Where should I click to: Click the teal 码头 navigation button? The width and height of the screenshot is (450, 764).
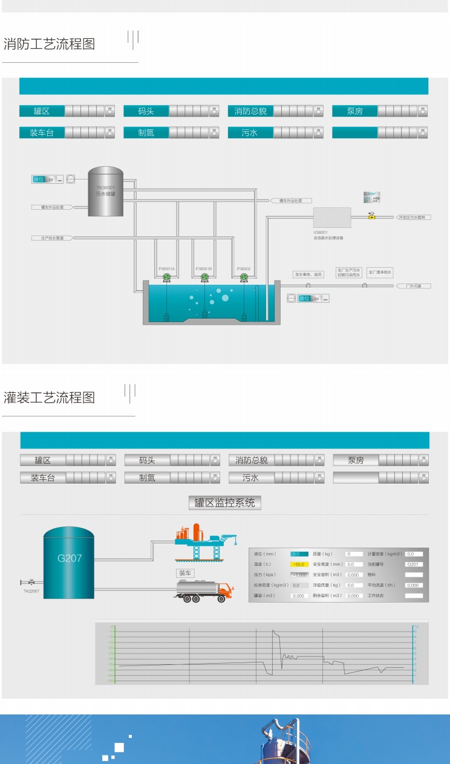(146, 111)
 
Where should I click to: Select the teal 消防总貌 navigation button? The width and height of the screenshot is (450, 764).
(250, 111)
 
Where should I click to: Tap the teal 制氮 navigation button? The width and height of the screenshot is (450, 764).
(146, 132)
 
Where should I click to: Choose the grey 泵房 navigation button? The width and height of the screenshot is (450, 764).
(356, 460)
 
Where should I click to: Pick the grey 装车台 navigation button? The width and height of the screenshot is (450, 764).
(42, 477)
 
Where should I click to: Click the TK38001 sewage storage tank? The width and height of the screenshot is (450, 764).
(106, 192)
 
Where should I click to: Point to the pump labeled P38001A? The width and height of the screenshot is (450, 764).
(166, 277)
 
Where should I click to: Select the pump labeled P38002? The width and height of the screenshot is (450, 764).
(244, 277)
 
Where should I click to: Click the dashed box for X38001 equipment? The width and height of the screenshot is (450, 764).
(332, 218)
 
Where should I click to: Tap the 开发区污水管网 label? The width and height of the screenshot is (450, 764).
(414, 218)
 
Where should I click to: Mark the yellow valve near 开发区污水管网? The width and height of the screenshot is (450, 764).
(371, 216)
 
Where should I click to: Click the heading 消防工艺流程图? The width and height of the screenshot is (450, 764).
(50, 44)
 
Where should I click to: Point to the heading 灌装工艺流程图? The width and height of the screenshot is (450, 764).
(50, 398)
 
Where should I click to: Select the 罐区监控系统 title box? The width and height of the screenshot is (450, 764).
(225, 502)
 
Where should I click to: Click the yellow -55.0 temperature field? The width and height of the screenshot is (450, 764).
(299, 564)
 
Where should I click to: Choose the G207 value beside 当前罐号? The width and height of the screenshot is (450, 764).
(414, 564)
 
